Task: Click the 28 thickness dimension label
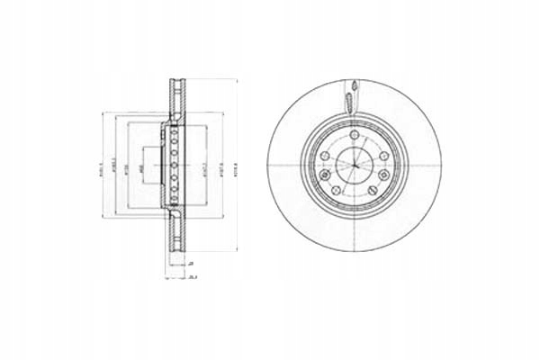pyautogui.click(x=191, y=263)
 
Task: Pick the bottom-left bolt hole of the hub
pyautogui.click(x=336, y=190)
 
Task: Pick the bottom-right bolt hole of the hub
pyautogui.click(x=372, y=190)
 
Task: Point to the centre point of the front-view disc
pyautogui.click(x=355, y=165)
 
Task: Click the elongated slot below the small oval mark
pyautogui.click(x=348, y=103)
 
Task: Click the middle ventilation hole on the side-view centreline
pyautogui.click(x=174, y=164)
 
